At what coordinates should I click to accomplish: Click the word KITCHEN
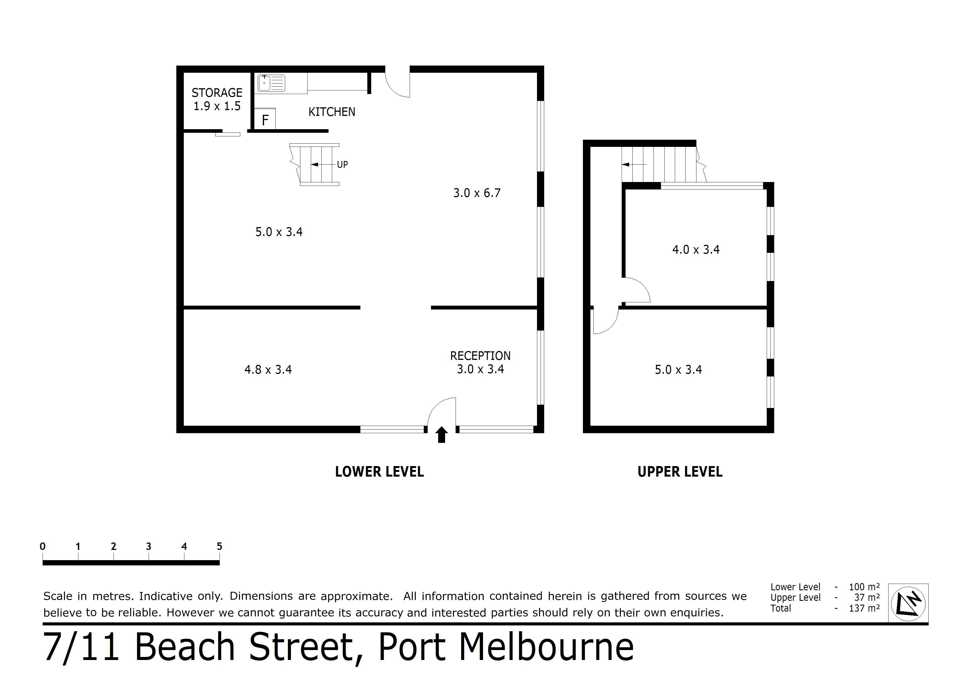tap(332, 112)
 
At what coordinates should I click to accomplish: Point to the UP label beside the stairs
tap(342, 164)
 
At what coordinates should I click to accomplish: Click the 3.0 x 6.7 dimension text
tap(477, 193)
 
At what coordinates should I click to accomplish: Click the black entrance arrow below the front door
tap(441, 435)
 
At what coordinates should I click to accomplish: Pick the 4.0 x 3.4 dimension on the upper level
tap(696, 250)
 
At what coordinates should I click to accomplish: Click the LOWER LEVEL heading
tap(379, 472)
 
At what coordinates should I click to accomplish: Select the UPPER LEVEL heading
tap(680, 472)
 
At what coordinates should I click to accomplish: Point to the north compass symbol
tap(908, 603)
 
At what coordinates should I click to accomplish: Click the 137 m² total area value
tap(864, 608)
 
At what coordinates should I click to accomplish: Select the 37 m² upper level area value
tap(867, 598)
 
